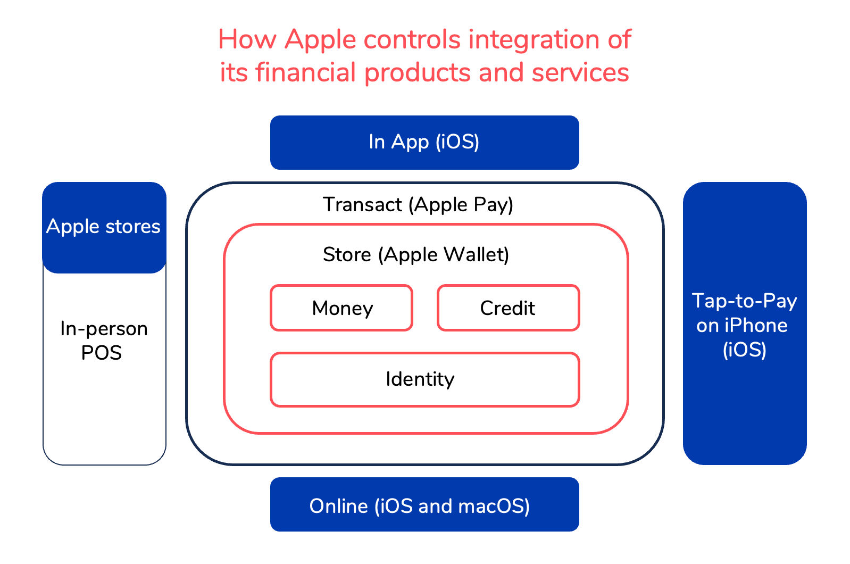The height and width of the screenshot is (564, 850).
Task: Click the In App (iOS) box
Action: click(x=424, y=142)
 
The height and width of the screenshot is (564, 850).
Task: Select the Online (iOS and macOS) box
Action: click(x=424, y=504)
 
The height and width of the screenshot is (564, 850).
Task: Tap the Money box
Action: click(x=341, y=308)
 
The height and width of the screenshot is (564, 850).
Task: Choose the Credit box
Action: click(x=508, y=308)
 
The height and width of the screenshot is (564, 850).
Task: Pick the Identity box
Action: click(x=424, y=379)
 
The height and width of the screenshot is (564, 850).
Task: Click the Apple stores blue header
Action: click(x=104, y=227)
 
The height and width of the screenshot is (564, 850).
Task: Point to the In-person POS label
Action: click(x=103, y=341)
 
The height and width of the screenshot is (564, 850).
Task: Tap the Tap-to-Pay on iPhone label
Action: click(x=744, y=325)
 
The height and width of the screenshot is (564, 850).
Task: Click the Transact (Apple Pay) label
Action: click(x=418, y=205)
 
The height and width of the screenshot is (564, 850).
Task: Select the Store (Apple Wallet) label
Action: click(x=416, y=255)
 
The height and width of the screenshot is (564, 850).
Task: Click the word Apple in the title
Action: click(x=320, y=40)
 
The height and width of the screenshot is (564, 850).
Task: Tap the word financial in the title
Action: click(x=305, y=72)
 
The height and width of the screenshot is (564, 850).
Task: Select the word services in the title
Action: click(x=580, y=72)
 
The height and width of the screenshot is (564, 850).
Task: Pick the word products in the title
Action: click(x=418, y=73)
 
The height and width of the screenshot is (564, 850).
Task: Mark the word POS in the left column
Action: click(x=101, y=353)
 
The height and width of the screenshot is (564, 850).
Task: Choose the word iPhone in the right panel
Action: click(x=755, y=325)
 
